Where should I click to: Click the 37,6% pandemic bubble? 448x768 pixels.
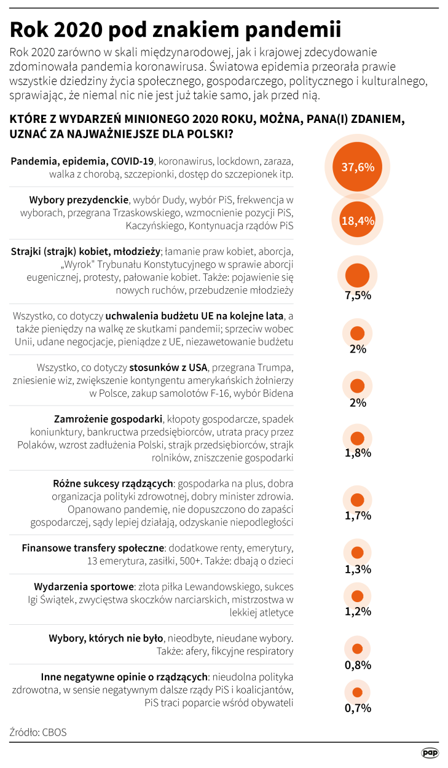(357, 167)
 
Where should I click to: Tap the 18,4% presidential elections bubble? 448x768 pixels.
(357, 221)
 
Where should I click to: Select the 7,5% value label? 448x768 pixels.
(358, 295)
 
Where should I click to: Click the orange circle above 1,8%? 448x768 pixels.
(357, 438)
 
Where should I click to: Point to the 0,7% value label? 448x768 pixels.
(358, 708)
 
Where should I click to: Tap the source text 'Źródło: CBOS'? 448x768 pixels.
(38, 732)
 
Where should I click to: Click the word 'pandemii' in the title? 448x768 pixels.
(291, 29)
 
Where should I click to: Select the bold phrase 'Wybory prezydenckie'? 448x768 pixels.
(79, 200)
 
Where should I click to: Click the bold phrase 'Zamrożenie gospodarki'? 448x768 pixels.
(108, 419)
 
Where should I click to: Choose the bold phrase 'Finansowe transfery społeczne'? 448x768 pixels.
(93, 547)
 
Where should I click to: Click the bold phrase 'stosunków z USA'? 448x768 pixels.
(168, 368)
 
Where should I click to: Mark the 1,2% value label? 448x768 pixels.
(358, 611)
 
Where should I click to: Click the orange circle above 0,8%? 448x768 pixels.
(357, 649)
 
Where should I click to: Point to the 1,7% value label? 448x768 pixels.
(358, 515)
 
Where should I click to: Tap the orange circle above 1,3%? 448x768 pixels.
(357, 552)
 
